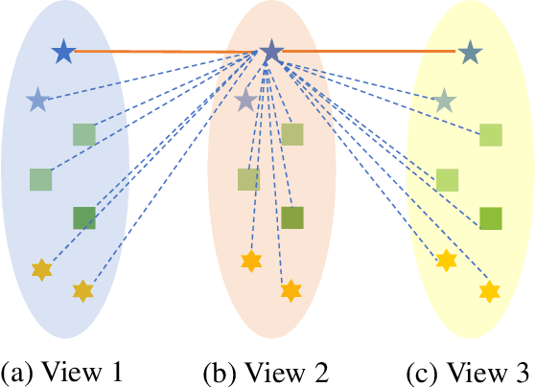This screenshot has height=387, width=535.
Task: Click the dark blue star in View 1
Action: (x=63, y=52)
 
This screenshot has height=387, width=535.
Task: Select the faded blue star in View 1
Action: (x=37, y=99)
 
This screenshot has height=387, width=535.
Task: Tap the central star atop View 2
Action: (x=271, y=52)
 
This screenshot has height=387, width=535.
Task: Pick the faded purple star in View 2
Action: (x=246, y=99)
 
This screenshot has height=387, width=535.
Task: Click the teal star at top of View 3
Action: (x=470, y=53)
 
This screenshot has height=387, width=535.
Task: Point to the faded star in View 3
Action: (x=443, y=99)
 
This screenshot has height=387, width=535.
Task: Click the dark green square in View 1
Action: (x=84, y=217)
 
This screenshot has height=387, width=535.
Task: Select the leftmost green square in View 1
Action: (x=40, y=179)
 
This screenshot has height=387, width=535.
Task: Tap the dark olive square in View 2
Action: (x=292, y=217)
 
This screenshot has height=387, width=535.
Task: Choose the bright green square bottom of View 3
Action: (x=491, y=218)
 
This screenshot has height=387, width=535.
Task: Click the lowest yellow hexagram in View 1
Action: (x=83, y=290)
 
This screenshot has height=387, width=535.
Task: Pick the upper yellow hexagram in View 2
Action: (x=250, y=260)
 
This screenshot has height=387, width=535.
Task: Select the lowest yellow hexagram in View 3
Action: (x=490, y=290)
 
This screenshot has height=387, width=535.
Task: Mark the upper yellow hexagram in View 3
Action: (x=446, y=260)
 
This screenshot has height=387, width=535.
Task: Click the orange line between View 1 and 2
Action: (x=163, y=51)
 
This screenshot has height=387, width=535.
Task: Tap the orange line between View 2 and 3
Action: (x=369, y=51)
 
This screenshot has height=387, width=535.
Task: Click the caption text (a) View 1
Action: (x=61, y=369)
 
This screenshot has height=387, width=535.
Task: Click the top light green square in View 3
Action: (x=491, y=135)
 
